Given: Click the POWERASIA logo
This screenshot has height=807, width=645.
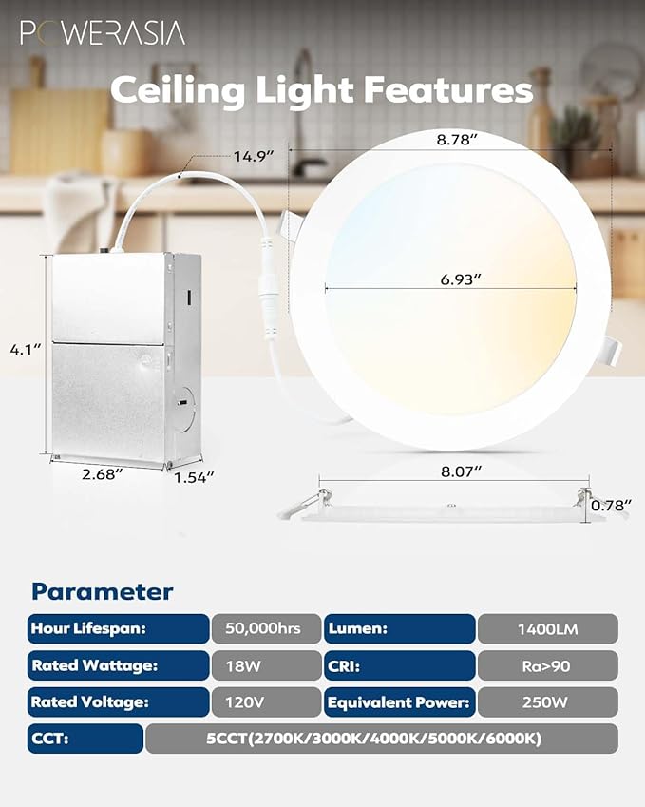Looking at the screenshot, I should point(103,32).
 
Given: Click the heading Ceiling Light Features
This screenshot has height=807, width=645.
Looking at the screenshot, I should point(321,90).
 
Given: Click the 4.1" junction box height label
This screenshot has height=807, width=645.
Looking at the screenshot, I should point(26,349).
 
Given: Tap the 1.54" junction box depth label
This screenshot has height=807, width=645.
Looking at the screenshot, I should point(194,473).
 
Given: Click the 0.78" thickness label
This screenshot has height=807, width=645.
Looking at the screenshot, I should point(612,506).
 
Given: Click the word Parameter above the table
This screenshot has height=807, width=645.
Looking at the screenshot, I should point(103,591).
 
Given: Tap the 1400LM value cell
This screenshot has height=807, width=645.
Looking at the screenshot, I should point(547,628).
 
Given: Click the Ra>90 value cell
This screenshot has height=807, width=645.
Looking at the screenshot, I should point(547,665).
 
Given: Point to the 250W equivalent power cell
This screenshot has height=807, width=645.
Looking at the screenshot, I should point(547,702).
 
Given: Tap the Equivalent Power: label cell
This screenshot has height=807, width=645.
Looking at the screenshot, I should point(399,702).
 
